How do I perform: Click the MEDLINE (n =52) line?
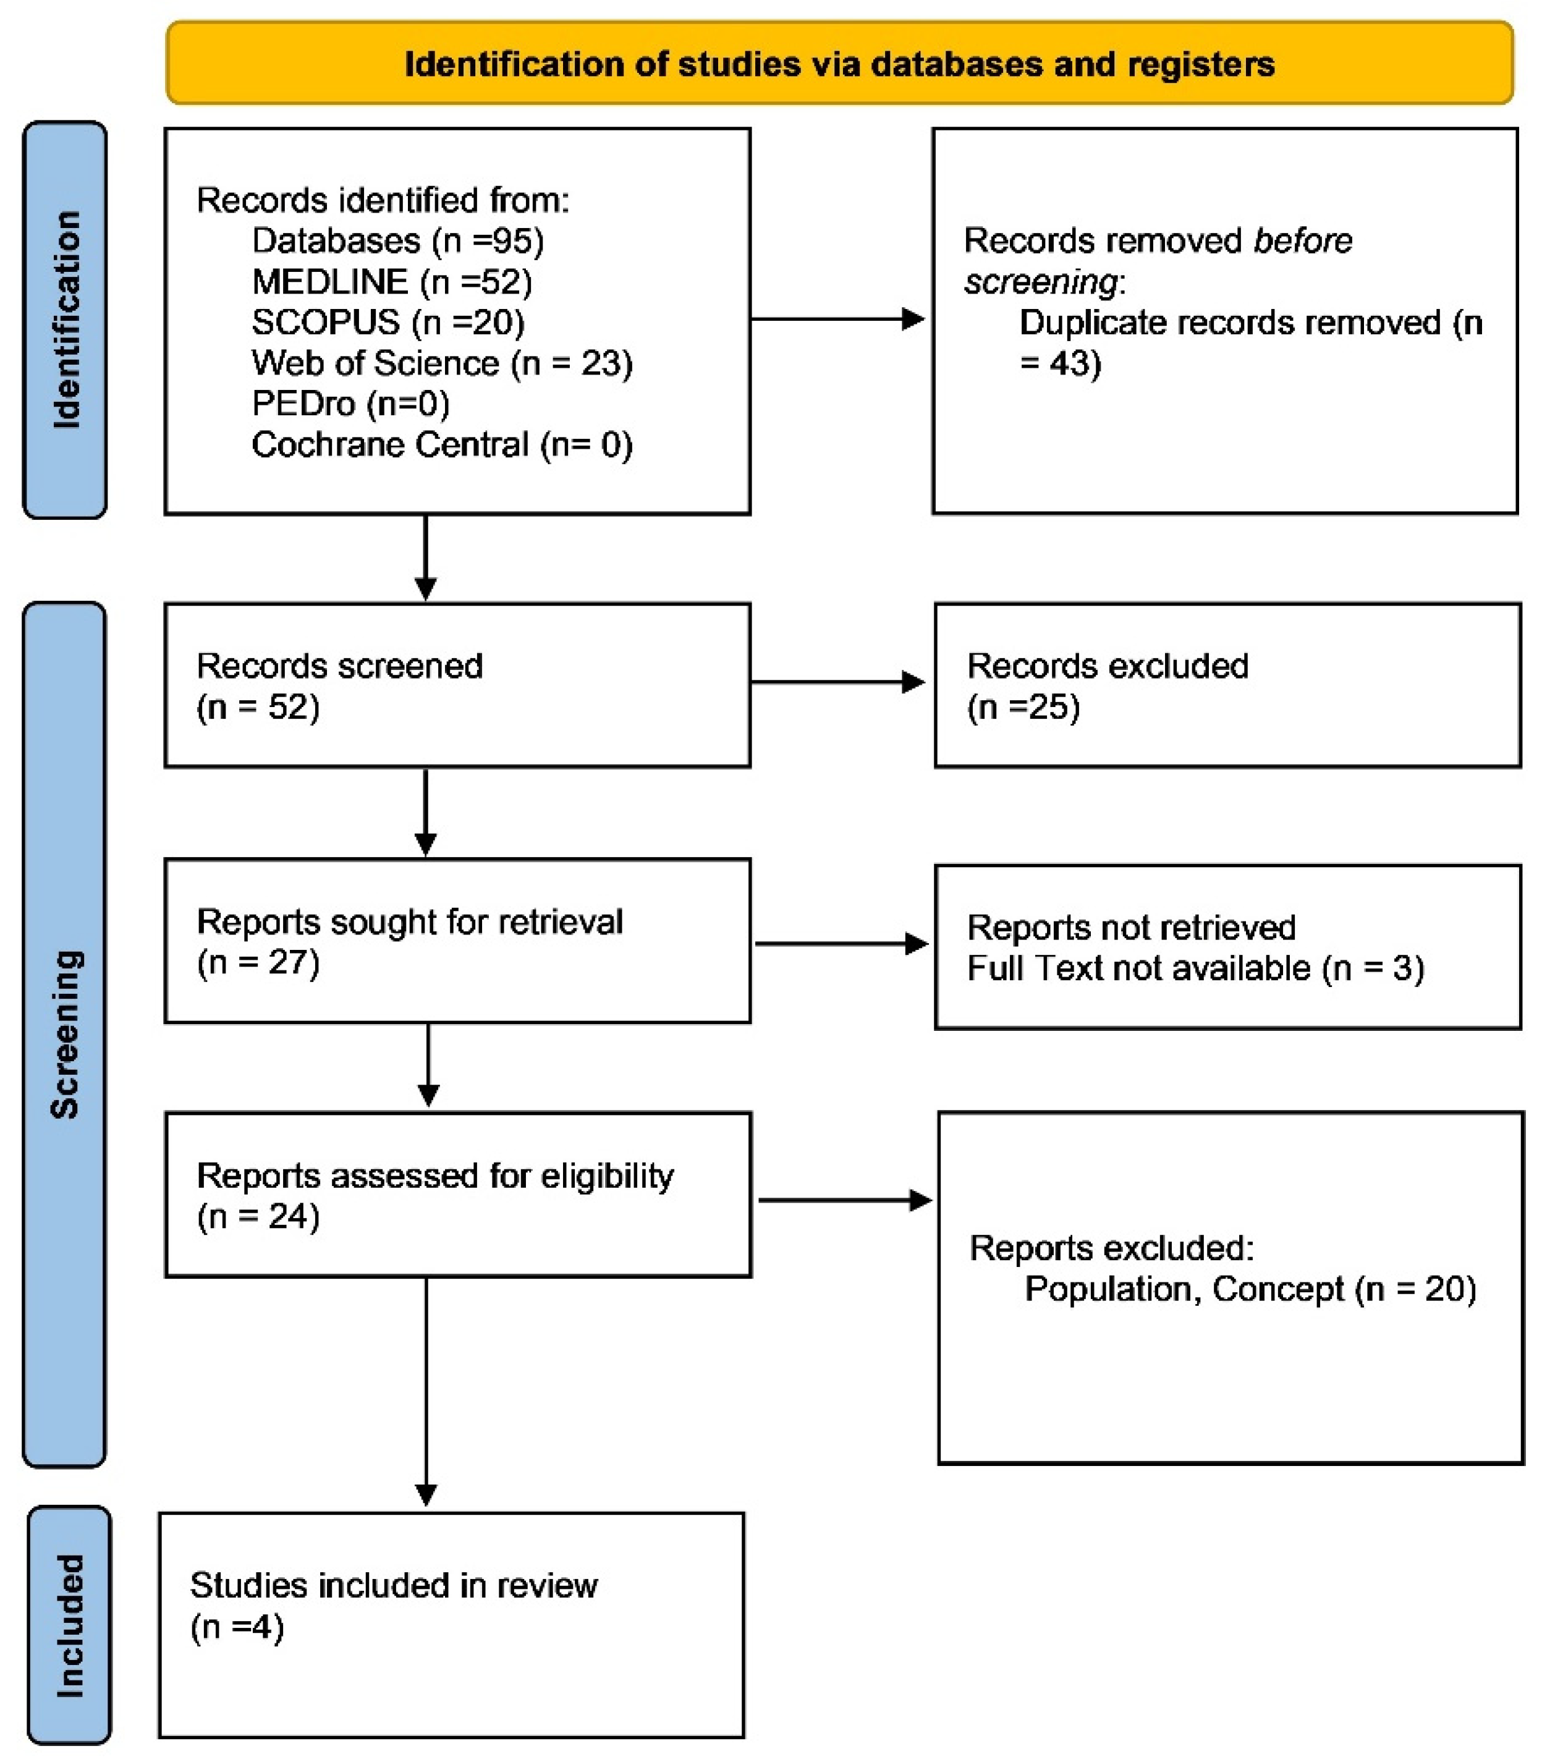pos(391,281)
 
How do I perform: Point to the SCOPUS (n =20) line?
pos(388,322)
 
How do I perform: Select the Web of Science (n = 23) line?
pos(441,363)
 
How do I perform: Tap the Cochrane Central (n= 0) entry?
pos(441,445)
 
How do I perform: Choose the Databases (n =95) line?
pos(397,241)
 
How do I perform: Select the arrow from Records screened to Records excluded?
pos(836,682)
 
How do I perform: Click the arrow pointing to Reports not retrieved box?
pos(840,944)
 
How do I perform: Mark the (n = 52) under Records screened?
pos(258,707)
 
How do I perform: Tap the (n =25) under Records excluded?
pos(1023,707)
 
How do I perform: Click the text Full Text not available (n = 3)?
pos(1195,968)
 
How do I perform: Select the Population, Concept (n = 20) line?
pos(1250,1289)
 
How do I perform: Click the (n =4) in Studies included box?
pos(237,1627)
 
